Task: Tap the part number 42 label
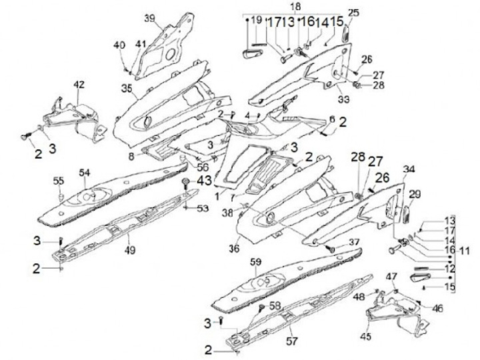coord(79,85)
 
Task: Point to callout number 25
coord(353,13)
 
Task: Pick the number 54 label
coord(83,173)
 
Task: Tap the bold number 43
coord(203,181)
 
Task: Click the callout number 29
coord(415,194)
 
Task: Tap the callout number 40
coord(119,45)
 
